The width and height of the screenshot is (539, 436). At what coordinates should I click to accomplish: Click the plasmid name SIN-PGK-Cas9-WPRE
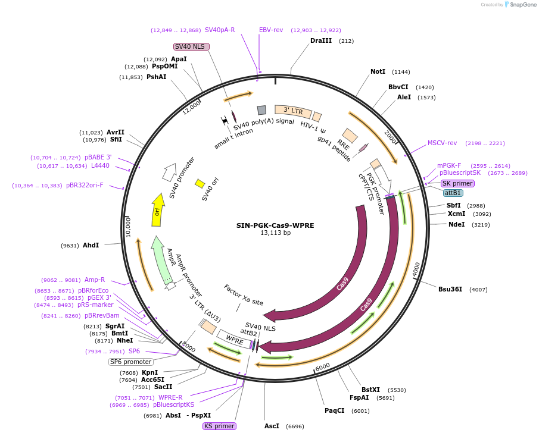click(x=275, y=225)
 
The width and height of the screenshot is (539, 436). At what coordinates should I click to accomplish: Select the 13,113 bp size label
click(x=275, y=233)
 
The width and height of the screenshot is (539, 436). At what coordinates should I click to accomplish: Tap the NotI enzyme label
click(x=378, y=71)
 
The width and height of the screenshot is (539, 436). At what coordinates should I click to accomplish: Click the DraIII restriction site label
click(x=321, y=40)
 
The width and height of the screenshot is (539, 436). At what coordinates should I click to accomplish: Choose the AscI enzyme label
click(x=272, y=426)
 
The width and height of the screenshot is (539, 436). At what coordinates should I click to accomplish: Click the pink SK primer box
click(x=457, y=183)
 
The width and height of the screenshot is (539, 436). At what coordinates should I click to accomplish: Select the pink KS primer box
click(x=219, y=426)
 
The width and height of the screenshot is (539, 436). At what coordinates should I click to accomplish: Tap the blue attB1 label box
click(x=453, y=193)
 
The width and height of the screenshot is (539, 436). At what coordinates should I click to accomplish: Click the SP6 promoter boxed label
click(x=130, y=362)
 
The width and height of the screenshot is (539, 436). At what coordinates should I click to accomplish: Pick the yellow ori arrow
click(x=157, y=209)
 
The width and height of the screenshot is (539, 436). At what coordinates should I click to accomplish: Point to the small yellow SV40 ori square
click(x=200, y=183)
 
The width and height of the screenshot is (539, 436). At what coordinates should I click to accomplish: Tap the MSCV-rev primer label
click(x=442, y=143)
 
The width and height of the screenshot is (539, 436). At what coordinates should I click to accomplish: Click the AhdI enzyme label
click(x=91, y=245)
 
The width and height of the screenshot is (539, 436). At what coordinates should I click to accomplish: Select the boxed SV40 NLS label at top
click(x=191, y=46)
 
